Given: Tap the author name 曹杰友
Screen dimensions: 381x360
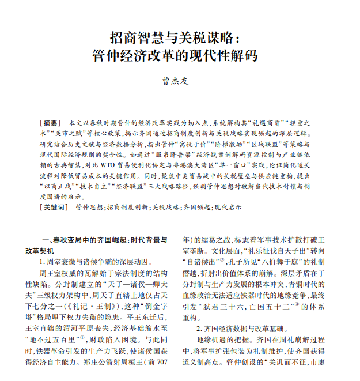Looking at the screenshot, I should [x=175, y=81].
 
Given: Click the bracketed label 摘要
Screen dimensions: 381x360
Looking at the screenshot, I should [x=50, y=123].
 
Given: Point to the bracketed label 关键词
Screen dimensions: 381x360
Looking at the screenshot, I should [x=54, y=206].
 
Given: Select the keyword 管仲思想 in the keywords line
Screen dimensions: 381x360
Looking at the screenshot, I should [x=89, y=206].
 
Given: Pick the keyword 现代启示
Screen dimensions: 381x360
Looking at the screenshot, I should [x=228, y=206].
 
